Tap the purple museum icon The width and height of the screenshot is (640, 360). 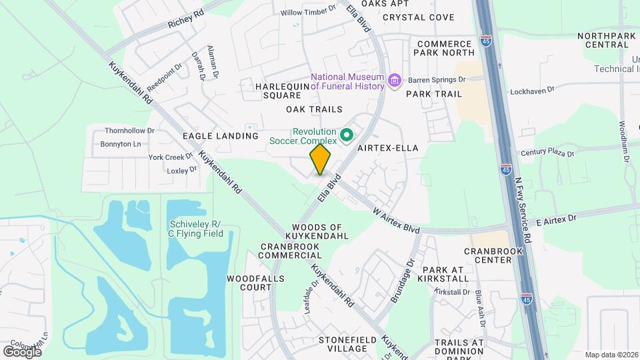point(395,81)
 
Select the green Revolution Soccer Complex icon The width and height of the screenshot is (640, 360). point(347,135)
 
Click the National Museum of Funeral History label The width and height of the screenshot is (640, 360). point(347,81)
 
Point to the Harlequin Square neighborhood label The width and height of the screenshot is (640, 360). point(283,91)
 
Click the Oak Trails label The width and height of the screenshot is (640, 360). point(314,109)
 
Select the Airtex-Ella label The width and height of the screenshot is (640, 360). point(388,148)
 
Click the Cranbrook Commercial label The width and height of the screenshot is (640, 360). point(290,251)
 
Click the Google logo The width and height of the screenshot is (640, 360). point(22,351)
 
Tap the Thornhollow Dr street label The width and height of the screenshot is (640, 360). point(129,131)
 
